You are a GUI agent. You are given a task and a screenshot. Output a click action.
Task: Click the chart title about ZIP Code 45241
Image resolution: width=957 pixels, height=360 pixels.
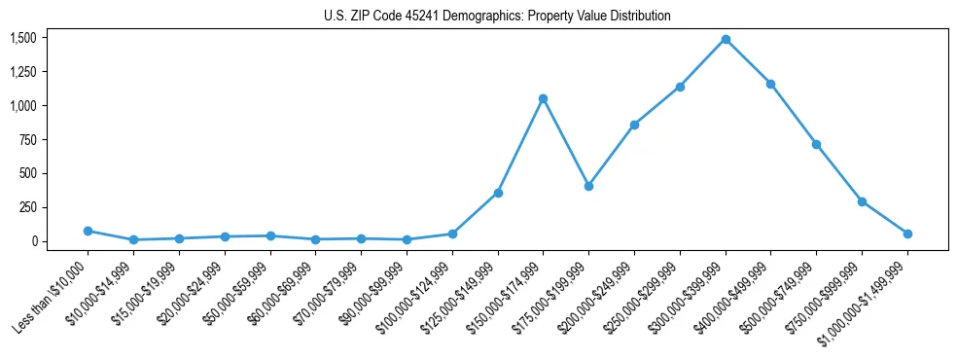tap(497, 17)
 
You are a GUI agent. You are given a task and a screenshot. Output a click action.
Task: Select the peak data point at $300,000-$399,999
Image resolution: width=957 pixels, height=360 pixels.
tap(726, 40)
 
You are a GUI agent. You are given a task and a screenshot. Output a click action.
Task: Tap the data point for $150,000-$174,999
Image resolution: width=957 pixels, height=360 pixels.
tap(543, 98)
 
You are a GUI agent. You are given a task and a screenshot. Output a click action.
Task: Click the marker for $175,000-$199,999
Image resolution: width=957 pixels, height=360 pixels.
tap(588, 186)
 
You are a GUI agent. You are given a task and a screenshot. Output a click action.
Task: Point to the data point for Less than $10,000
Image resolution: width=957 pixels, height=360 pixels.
tap(88, 231)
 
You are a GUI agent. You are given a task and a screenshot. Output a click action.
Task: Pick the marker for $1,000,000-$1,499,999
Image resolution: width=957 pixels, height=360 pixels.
tap(907, 234)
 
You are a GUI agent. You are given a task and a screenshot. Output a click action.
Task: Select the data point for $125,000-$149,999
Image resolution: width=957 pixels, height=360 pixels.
tap(498, 193)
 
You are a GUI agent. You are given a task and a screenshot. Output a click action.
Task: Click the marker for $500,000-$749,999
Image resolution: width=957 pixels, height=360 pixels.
tap(816, 144)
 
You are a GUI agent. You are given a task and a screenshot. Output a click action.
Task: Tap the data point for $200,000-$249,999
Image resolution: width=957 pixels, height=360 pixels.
tap(634, 125)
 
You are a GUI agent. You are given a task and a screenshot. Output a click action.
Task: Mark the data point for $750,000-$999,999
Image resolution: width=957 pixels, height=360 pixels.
tap(862, 201)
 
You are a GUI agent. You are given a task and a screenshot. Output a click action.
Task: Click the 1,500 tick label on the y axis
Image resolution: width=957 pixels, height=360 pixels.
tap(23, 38)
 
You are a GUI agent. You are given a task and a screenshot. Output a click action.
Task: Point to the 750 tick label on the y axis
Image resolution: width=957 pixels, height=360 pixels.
tap(27, 140)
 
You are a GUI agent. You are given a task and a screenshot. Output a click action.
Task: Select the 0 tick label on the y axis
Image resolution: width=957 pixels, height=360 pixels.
tap(34, 241)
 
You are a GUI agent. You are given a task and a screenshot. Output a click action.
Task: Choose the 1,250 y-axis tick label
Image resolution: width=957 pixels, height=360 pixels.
tap(23, 72)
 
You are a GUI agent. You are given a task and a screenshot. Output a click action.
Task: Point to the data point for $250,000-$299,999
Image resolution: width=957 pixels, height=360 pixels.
tap(680, 87)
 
